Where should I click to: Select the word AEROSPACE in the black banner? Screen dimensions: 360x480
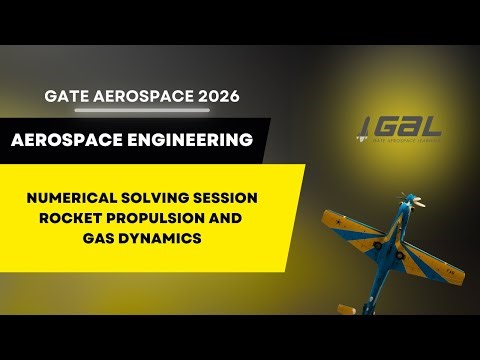[66, 141]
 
